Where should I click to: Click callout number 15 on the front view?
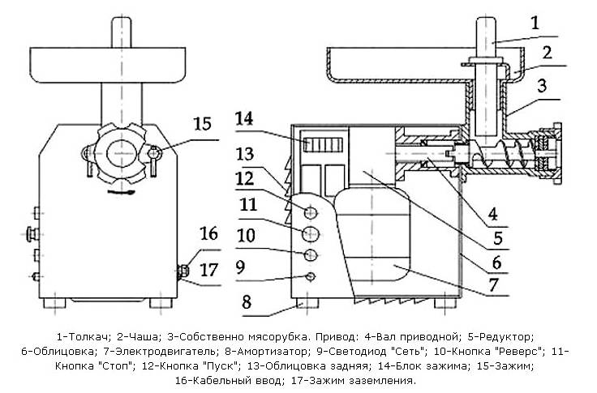coord(202,124)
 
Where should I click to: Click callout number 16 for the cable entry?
coord(208,234)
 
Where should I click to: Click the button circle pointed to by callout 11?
coord(311,234)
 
